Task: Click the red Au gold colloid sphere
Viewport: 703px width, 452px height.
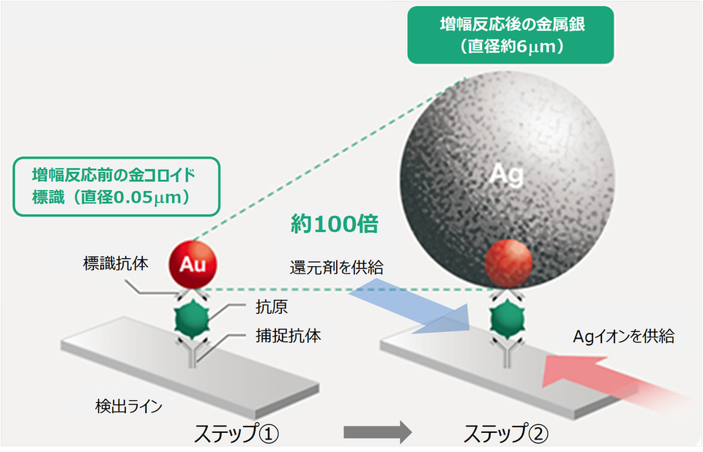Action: coord(193,265)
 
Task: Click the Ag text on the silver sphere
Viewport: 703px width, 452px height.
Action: coord(506,174)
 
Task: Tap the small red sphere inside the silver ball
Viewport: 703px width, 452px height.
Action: coord(508,263)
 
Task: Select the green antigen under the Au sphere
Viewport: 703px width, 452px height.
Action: coord(192,320)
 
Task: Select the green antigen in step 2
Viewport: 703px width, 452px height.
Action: coord(507,320)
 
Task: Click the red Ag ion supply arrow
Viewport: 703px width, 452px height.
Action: coord(619,381)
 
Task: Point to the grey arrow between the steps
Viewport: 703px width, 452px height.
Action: coord(378,432)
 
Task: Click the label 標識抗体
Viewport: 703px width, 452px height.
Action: coord(116,263)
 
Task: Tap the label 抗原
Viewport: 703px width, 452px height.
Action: coord(272,307)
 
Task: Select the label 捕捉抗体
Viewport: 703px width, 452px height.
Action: coord(289,336)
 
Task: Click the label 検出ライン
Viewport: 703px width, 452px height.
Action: coord(129,407)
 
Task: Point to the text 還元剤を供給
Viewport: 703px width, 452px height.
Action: coord(337,268)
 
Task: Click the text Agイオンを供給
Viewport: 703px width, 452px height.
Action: coord(624,336)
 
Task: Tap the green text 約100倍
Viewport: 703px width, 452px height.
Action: coord(335,224)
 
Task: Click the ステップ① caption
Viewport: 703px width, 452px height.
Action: coord(237,433)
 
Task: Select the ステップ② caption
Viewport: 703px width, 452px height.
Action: coord(506,433)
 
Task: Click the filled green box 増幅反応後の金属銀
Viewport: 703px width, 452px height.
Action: coord(510,35)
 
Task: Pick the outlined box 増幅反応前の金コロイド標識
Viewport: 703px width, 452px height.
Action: coord(116,187)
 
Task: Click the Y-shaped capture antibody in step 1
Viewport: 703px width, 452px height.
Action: coord(193,352)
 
